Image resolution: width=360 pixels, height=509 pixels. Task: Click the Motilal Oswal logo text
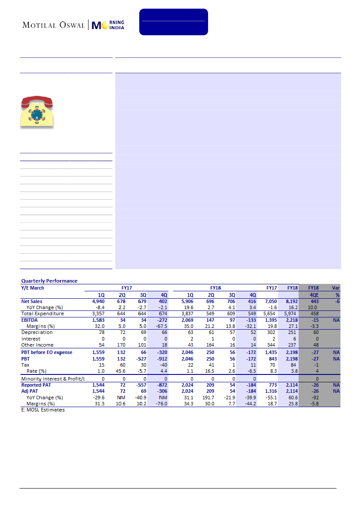(x=54, y=25)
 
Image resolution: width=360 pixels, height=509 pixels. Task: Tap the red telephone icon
(x=37, y=112)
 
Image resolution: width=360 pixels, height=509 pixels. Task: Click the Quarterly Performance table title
(x=49, y=281)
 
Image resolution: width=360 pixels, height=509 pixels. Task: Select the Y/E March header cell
(x=33, y=288)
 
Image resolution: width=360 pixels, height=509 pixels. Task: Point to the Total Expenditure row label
(x=43, y=313)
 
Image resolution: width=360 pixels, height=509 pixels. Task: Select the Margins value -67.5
(x=162, y=326)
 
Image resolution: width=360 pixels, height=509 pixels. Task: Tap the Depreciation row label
(x=37, y=332)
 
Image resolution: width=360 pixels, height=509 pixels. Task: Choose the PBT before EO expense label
(x=47, y=352)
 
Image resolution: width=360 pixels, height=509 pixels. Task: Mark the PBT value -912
(x=162, y=359)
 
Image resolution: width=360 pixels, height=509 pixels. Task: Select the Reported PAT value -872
(x=162, y=385)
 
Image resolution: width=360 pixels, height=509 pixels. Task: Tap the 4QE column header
(x=313, y=294)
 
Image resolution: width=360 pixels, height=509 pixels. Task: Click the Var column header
(x=335, y=288)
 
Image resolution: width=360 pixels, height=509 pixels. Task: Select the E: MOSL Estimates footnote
(x=43, y=410)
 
